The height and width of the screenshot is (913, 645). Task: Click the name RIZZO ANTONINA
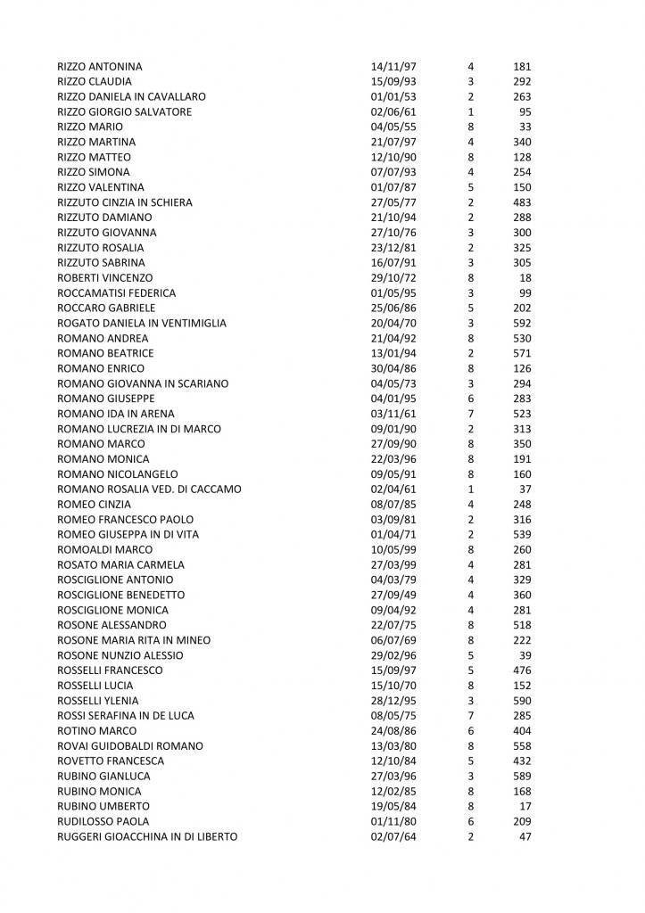(99, 67)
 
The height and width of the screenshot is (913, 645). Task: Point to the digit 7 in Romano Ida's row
(470, 413)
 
